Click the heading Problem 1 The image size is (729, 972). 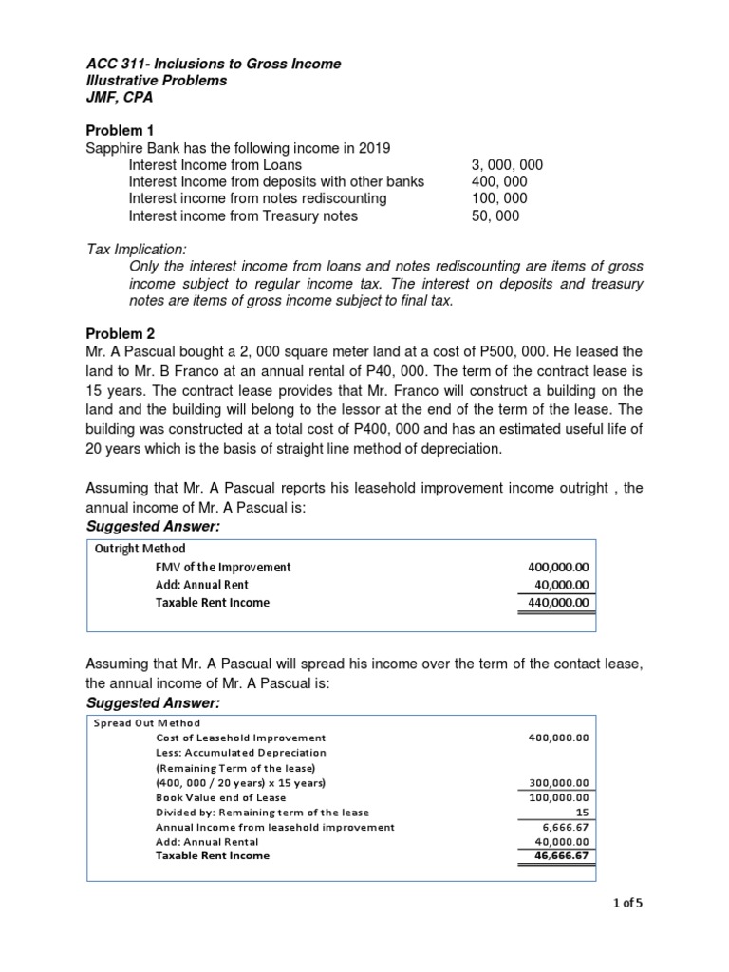pyautogui.click(x=119, y=130)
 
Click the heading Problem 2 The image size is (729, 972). pyautogui.click(x=119, y=333)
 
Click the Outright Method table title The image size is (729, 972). pyautogui.click(x=139, y=549)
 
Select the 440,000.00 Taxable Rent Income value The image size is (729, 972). pyautogui.click(x=558, y=602)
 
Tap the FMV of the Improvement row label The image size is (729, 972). pyautogui.click(x=223, y=567)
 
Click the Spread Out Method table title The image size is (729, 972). pyautogui.click(x=147, y=722)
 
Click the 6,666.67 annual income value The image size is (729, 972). pyautogui.click(x=568, y=827)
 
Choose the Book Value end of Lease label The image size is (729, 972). pyautogui.click(x=220, y=797)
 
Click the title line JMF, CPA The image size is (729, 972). pyautogui.click(x=119, y=98)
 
